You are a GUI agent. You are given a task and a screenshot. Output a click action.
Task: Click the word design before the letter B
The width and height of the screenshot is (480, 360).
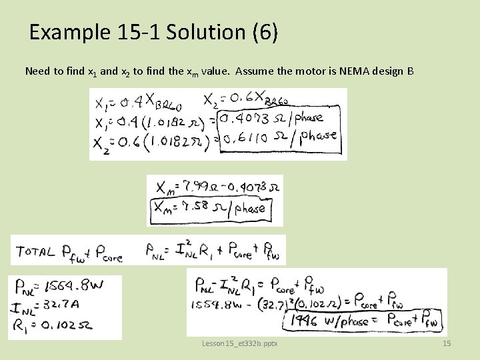[390, 71]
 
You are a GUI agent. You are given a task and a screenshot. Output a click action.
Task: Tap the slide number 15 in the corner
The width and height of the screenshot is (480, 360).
[447, 343]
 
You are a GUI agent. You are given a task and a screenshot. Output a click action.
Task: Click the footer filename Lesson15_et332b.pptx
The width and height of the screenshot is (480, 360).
[239, 343]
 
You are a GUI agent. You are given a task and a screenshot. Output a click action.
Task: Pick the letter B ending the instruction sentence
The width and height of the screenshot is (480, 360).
[410, 71]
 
